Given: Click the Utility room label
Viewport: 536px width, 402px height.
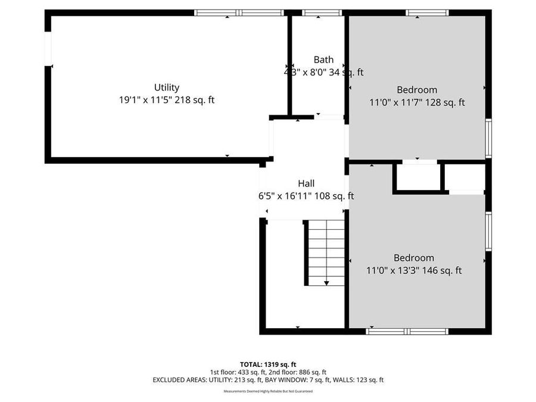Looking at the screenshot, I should pos(166,88).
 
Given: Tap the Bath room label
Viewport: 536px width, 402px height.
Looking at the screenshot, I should pos(323,60).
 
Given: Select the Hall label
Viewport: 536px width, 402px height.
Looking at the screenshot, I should pos(306,183).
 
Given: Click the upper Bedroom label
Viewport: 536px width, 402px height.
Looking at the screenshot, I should pos(417,90).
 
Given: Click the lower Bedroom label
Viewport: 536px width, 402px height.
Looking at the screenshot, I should pos(413,258).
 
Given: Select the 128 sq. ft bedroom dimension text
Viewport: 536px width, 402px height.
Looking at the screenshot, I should pos(417,103).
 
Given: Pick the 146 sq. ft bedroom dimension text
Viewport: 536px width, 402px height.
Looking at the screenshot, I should pos(413,271).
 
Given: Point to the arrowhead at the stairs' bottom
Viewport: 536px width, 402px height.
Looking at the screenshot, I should pos(326,283).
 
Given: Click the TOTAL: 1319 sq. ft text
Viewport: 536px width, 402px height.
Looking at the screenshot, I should pos(267,364).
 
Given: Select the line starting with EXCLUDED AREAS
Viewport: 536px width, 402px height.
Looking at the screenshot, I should pos(267,379).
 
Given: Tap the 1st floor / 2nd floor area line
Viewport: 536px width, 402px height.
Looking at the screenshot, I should pos(267,372).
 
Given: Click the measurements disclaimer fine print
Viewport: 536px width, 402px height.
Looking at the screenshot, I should pos(267,391).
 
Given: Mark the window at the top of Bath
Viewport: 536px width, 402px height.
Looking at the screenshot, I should pos(322,13).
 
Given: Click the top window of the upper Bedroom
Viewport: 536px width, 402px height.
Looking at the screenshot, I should pos(427,13).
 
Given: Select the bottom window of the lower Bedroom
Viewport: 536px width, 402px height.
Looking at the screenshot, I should pos(407,331).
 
